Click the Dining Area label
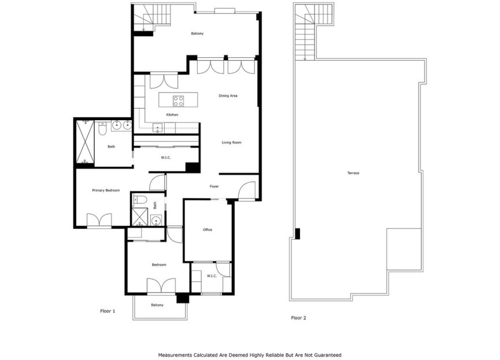[x=228, y=96]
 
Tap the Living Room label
[x=231, y=142]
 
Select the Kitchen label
[x=172, y=115]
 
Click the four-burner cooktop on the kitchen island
[x=179, y=101]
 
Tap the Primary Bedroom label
[x=106, y=190]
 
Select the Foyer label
[x=214, y=186]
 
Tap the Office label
[x=208, y=230]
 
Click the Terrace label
[x=353, y=173]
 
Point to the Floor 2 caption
[x=298, y=318]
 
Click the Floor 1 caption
[x=108, y=311]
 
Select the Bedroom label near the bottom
[x=159, y=265]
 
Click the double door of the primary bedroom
[x=99, y=221]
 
